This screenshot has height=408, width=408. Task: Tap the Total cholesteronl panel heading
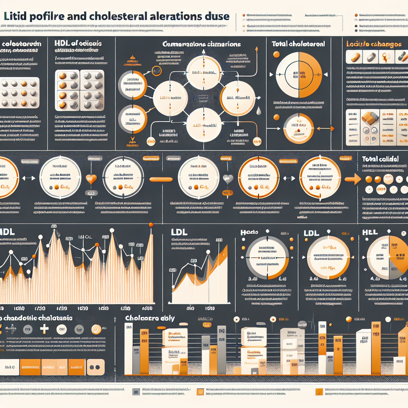tap(298, 44)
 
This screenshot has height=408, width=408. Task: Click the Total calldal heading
tap(381, 159)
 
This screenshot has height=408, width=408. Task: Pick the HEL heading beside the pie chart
tap(370, 232)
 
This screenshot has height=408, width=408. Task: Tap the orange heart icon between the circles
tap(91, 178)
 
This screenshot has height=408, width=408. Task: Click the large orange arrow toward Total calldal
tap(352, 179)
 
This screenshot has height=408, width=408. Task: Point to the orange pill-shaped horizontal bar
tap(161, 179)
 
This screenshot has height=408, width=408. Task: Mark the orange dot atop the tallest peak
tap(151, 226)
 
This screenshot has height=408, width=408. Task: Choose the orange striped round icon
tap(97, 329)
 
